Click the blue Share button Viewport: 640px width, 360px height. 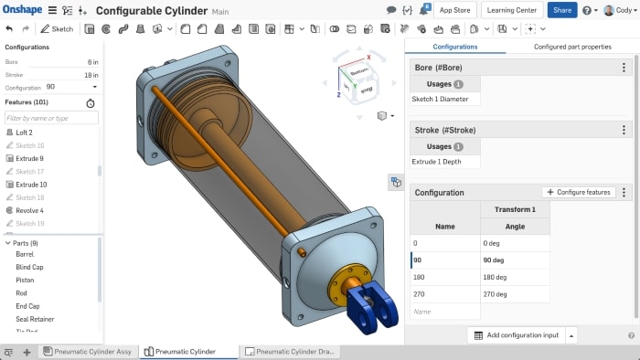(562, 10)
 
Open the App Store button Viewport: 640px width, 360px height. (455, 10)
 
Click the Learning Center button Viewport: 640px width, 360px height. (512, 10)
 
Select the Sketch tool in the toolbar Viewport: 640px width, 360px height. (58, 28)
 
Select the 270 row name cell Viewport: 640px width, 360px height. (444, 294)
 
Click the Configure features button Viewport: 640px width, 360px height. (579, 193)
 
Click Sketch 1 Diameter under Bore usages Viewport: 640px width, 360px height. (445, 98)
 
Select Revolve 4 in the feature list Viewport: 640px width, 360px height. (29, 210)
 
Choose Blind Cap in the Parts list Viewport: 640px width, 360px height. (29, 267)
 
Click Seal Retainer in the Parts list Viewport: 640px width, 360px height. (35, 319)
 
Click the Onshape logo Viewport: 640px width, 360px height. (23, 10)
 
